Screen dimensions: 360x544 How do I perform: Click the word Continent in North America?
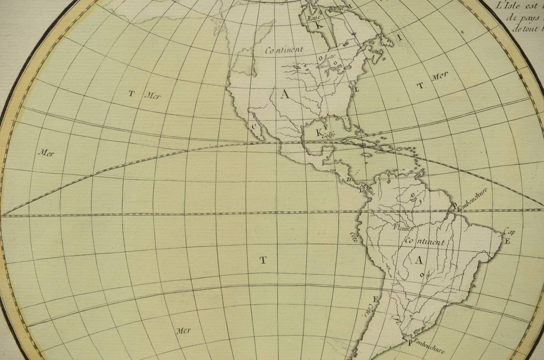284,50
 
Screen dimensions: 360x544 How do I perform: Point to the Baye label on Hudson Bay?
313,17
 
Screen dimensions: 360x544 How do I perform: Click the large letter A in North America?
285,94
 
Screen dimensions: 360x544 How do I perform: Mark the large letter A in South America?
419,260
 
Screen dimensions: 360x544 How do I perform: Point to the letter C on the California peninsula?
254,126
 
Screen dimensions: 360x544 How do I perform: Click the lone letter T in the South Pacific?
263,261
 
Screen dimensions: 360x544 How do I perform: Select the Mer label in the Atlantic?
440,76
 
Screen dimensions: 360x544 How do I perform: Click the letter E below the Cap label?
507,242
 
